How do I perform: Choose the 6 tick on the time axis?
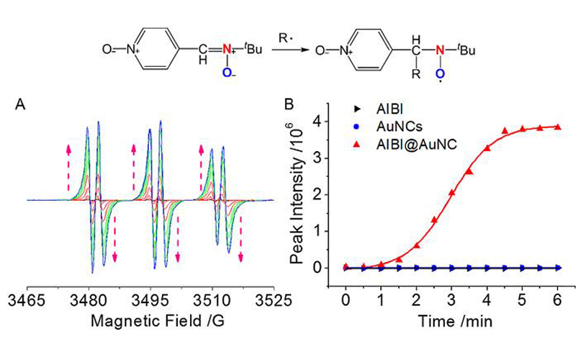point(558,298)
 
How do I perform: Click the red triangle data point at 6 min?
point(558,127)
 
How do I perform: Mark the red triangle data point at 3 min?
point(451,193)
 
